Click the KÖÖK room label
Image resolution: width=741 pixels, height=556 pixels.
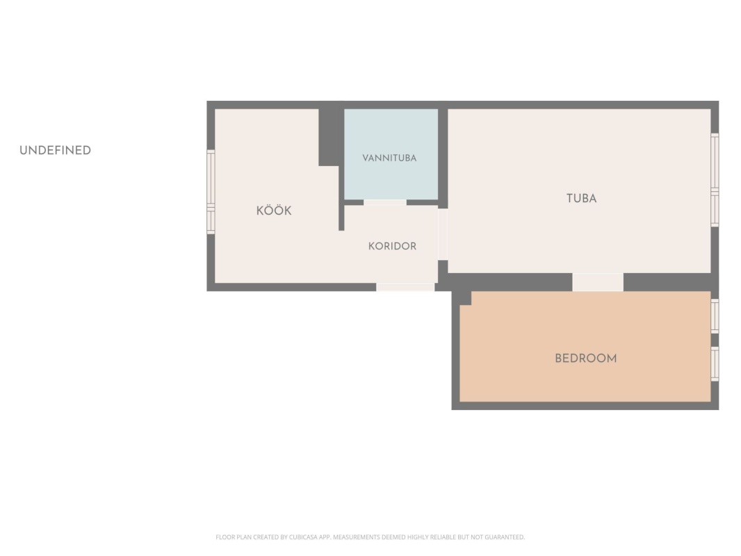pos(274,210)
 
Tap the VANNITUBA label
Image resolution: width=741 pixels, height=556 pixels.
pos(389,158)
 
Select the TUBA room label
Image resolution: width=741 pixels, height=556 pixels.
pos(581,198)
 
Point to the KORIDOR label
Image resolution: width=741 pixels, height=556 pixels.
pos(392,246)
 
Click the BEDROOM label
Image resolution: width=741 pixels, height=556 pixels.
pos(585,358)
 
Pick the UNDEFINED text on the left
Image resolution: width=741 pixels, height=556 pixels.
pos(56,150)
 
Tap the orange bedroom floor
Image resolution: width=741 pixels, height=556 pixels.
pos(585,378)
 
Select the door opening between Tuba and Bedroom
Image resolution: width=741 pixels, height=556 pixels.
pos(598,282)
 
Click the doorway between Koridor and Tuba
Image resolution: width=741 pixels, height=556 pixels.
pos(442,234)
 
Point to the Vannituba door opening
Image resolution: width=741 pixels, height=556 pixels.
pos(384,203)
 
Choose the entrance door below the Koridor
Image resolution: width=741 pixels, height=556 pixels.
pos(405,287)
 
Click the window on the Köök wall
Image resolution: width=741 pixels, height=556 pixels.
pos(211,192)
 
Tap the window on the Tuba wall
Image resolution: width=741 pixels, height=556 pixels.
pos(715,180)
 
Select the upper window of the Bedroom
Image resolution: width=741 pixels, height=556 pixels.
pos(715,316)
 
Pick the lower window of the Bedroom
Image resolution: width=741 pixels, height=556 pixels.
pos(715,363)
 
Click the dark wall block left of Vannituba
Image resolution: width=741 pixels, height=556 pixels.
pos(330,138)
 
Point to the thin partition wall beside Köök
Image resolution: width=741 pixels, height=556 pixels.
pos(341,198)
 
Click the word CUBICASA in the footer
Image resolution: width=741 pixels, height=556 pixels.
pos(303,537)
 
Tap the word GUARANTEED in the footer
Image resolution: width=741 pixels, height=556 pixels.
pos(505,537)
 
